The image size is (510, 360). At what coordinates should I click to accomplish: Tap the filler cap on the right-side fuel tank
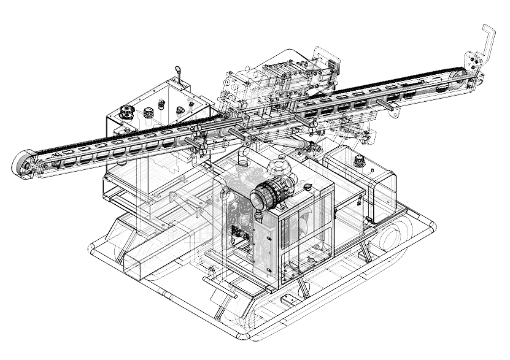(x=358, y=161)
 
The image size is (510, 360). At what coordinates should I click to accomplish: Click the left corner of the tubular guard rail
(x=92, y=248)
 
